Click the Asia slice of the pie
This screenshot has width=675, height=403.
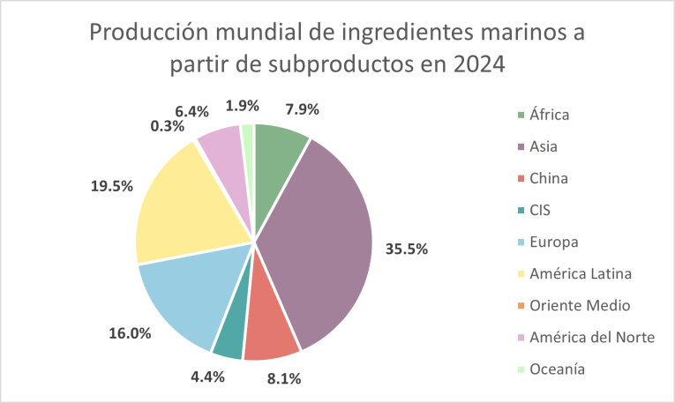318,238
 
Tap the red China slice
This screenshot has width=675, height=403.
272,331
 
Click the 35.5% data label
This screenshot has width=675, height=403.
406,249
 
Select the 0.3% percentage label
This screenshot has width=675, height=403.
167,126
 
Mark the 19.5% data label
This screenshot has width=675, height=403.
111,186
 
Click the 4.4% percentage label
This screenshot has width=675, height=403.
207,377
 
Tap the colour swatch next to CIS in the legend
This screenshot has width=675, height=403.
521,210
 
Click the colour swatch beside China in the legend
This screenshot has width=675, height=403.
521,178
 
